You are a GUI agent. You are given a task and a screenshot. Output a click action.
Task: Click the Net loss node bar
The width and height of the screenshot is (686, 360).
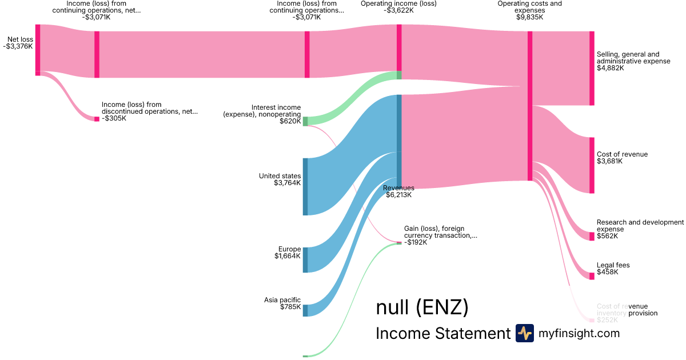38,48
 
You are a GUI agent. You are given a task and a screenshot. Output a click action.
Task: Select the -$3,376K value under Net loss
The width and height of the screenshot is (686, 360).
18,47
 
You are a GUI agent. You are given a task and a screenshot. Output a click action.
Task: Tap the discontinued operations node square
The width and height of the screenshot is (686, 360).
97,119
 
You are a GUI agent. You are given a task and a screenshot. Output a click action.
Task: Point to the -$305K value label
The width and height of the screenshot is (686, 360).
114,118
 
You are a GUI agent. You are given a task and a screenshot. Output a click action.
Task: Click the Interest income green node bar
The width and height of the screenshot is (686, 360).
305,121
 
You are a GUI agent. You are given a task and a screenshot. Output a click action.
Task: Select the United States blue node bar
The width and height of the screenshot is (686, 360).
305,186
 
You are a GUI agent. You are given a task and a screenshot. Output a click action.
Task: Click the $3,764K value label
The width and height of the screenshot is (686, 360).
288,183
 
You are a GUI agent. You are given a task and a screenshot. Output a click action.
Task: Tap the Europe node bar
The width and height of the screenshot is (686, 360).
305,260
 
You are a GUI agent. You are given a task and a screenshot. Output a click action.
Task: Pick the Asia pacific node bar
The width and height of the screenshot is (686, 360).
305,310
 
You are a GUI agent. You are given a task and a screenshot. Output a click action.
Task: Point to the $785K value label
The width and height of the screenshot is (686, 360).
290,307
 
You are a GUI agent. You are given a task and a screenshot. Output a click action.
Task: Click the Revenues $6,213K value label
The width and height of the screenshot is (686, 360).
398,195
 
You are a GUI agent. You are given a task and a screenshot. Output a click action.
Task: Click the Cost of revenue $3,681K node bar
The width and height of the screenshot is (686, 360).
592,165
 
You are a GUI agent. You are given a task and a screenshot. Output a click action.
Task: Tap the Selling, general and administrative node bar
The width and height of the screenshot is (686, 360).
592,69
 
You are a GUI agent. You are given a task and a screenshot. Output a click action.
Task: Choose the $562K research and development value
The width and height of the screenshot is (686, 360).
607,236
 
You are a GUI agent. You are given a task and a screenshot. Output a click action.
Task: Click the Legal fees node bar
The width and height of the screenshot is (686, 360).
592,276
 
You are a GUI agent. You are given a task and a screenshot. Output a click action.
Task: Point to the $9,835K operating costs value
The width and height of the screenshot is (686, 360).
529,17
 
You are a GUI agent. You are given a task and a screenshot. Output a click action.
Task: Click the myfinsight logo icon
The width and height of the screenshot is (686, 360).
525,333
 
